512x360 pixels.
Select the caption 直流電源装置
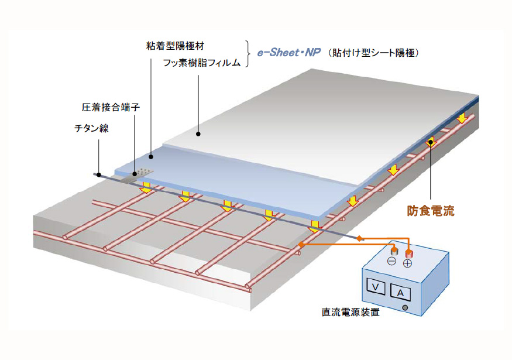[351, 312]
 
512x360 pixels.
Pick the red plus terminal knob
[408, 252]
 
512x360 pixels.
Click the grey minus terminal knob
[392, 251]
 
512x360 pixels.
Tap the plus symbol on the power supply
[408, 264]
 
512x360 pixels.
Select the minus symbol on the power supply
[391, 261]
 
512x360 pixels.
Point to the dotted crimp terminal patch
[143, 172]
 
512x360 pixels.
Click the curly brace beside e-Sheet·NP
[249, 53]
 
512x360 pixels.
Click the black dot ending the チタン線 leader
[98, 174]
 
